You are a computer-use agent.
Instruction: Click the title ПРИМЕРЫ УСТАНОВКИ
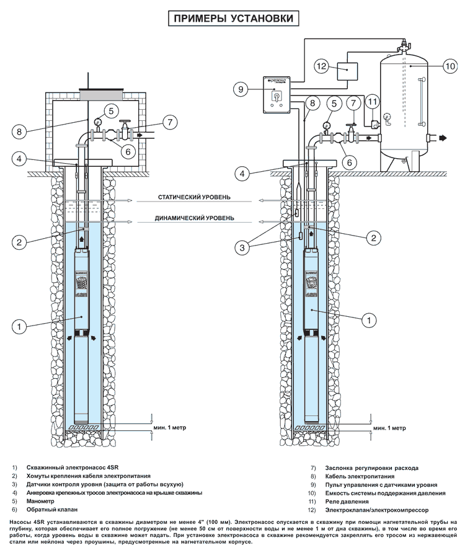click(234, 18)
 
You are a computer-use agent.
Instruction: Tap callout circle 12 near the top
click(322, 66)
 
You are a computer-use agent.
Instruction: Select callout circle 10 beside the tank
click(450, 66)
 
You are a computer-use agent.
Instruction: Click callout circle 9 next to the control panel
click(241, 89)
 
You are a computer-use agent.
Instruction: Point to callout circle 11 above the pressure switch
click(373, 102)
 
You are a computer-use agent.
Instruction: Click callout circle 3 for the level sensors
click(242, 248)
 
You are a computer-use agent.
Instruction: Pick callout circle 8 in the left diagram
click(19, 132)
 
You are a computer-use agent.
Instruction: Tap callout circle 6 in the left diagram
click(128, 151)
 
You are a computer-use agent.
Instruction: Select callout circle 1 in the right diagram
click(368, 320)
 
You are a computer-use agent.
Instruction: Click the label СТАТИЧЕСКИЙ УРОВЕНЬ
click(194, 197)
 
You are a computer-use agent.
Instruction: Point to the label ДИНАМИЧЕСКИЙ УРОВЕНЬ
click(194, 218)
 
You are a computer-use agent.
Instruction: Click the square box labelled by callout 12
click(348, 71)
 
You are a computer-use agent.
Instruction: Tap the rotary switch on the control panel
click(276, 95)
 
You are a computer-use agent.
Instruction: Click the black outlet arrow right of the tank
click(443, 138)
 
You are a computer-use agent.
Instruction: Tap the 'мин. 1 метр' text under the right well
click(389, 428)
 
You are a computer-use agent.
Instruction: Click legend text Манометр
click(40, 501)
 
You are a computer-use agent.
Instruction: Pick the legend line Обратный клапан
click(52, 509)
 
